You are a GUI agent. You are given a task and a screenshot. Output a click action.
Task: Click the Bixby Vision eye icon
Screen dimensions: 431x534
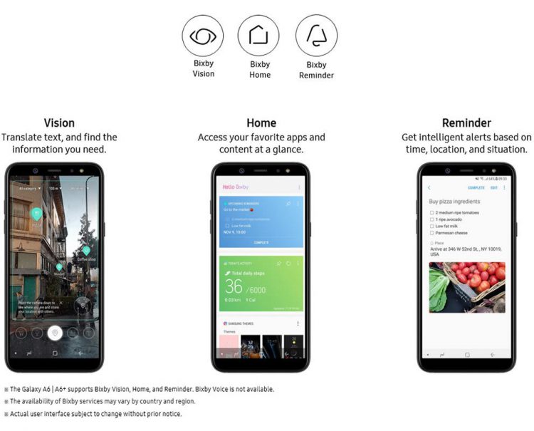coord(203,36)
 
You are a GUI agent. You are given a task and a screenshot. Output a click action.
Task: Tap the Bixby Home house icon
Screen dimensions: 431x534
coord(259,36)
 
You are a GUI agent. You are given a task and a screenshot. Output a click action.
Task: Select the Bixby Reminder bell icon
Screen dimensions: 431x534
coord(316,36)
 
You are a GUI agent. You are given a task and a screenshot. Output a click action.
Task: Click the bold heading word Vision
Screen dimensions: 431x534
coord(59,123)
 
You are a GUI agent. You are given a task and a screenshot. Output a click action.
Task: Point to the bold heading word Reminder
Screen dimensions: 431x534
coord(466,123)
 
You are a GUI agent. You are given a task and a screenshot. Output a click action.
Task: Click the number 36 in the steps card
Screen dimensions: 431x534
coord(234,286)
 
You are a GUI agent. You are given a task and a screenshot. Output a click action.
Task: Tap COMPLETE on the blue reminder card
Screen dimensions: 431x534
coord(261,242)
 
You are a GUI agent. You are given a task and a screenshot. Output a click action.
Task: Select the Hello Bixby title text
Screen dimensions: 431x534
coord(236,187)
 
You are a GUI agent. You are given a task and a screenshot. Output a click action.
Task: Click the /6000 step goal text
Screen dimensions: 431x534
coord(257,289)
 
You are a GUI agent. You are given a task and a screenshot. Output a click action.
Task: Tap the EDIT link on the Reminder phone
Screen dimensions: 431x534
coord(494,188)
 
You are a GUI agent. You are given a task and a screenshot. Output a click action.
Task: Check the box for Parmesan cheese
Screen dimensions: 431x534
coord(431,232)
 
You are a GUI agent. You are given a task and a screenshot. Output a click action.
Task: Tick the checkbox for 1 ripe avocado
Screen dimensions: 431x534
coord(431,219)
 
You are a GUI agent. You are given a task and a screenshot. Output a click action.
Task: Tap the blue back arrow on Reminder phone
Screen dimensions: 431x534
coord(429,188)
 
